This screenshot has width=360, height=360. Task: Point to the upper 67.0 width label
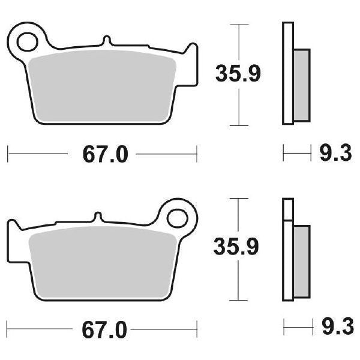tap(105, 155)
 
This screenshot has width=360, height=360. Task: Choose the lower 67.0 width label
tap(105, 329)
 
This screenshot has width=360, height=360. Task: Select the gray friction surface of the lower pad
tap(102, 259)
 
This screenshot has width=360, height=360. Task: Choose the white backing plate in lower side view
tap(287, 252)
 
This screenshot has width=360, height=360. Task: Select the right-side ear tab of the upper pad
tap(191, 52)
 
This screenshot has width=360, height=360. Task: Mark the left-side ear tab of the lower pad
tap(13, 228)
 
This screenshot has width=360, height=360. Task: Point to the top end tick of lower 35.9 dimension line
tap(239, 198)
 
